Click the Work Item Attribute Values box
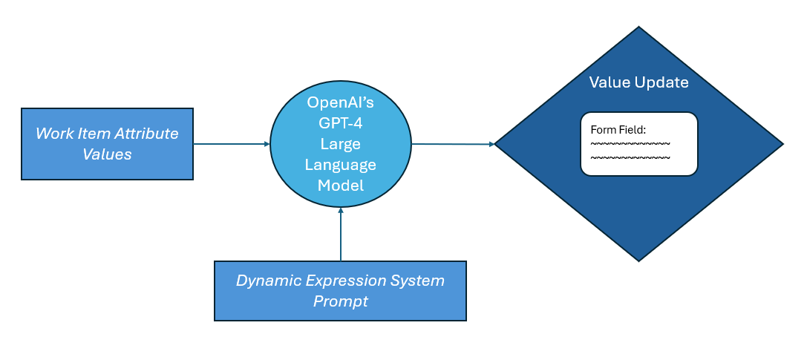click(x=107, y=144)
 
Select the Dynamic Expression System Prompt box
click(x=340, y=291)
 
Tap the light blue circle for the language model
click(x=341, y=144)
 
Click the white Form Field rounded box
click(x=638, y=144)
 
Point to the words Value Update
click(x=638, y=82)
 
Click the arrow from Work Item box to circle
click(x=232, y=144)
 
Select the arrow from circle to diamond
click(x=453, y=144)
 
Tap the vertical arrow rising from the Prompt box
click(x=341, y=234)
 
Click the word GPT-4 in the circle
click(x=341, y=123)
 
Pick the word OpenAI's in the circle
click(x=341, y=102)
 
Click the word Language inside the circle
click(x=341, y=165)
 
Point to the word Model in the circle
click(x=341, y=185)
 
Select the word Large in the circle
click(x=341, y=145)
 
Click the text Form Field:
click(x=618, y=130)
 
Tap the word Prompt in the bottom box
click(x=341, y=301)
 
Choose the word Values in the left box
click(x=107, y=154)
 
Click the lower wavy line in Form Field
click(x=630, y=157)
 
